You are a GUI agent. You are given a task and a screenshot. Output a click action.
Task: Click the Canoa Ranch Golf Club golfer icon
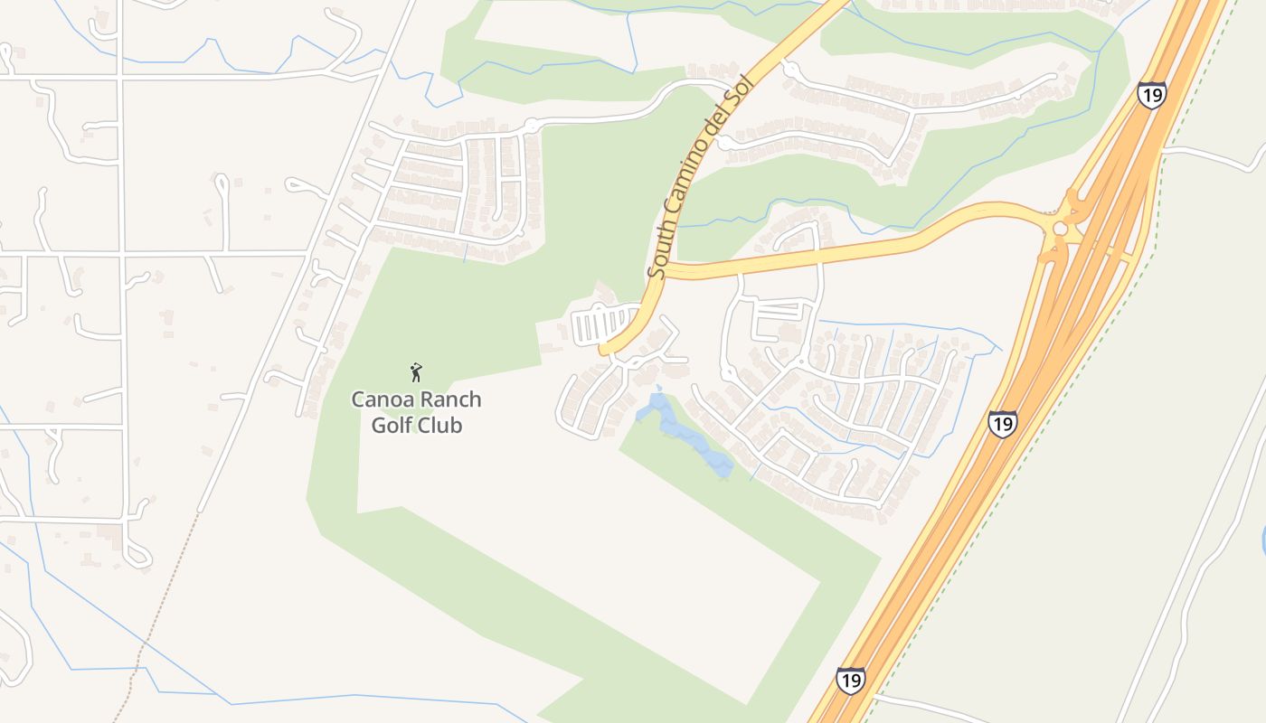pos(416,372)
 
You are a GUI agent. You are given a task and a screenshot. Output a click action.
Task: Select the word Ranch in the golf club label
pos(449,399)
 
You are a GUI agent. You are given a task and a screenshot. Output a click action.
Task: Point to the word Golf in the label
pos(392,425)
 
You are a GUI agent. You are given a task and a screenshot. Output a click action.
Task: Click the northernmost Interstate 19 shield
pos(1152,94)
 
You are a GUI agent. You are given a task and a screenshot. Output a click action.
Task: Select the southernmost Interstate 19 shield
pos(850,680)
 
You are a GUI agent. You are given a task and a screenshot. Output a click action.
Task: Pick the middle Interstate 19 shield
pos(1002,423)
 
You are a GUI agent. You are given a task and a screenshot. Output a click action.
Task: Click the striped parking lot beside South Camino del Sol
pos(606,324)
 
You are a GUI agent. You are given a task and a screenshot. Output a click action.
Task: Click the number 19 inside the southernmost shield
pos(850,681)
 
